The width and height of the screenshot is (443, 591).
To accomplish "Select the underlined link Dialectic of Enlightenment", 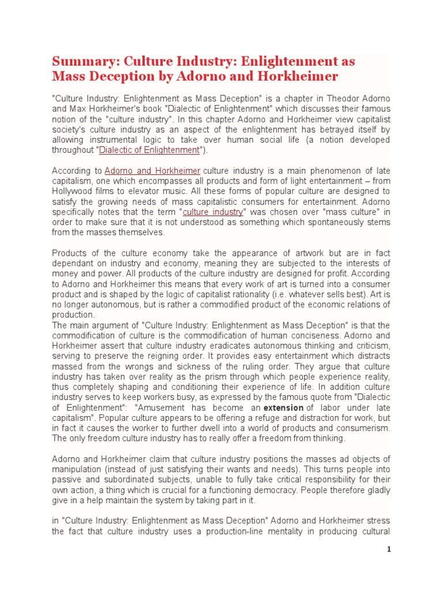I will pyautogui.click(x=149, y=150).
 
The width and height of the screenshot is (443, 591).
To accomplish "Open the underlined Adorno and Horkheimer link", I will pyautogui.click(x=152, y=171).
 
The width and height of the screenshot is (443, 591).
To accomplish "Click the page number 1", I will pyautogui.click(x=389, y=549).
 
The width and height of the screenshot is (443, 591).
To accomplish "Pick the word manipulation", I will pyautogui.click(x=78, y=469).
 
